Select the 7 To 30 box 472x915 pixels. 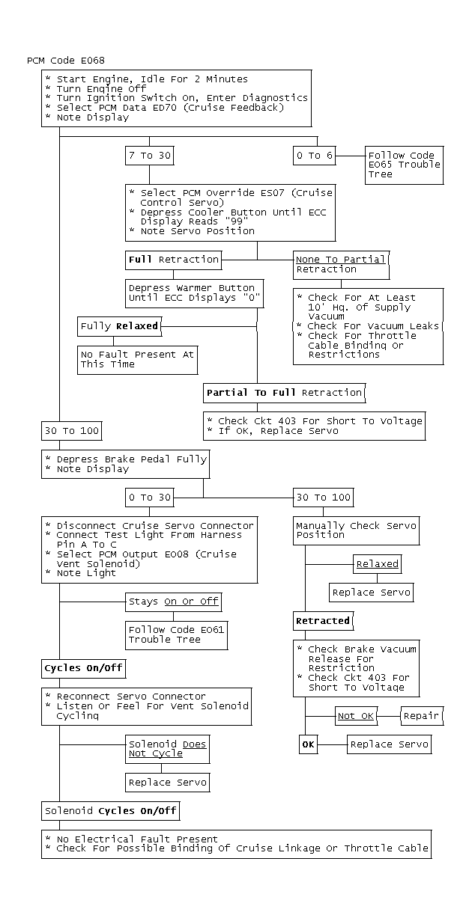point(149,156)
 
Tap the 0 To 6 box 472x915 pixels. point(314,156)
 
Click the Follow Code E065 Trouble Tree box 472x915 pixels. point(404,165)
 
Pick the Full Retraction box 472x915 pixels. point(174,260)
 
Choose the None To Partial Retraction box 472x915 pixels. point(341,264)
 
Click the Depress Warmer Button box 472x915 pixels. point(192,293)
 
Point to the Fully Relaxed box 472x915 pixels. point(118,326)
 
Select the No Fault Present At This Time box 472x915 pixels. point(137,359)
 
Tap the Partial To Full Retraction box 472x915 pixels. point(284,392)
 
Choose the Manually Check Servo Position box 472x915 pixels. point(356,530)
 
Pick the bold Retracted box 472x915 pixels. point(322,620)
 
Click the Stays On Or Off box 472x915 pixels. point(174,601)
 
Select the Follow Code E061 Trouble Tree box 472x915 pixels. point(176,634)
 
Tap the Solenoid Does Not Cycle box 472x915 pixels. point(167,749)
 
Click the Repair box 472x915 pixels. point(420,716)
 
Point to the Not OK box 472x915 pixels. point(355,716)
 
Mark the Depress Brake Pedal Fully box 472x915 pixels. point(124,464)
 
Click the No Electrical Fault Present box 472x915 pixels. point(237,843)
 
